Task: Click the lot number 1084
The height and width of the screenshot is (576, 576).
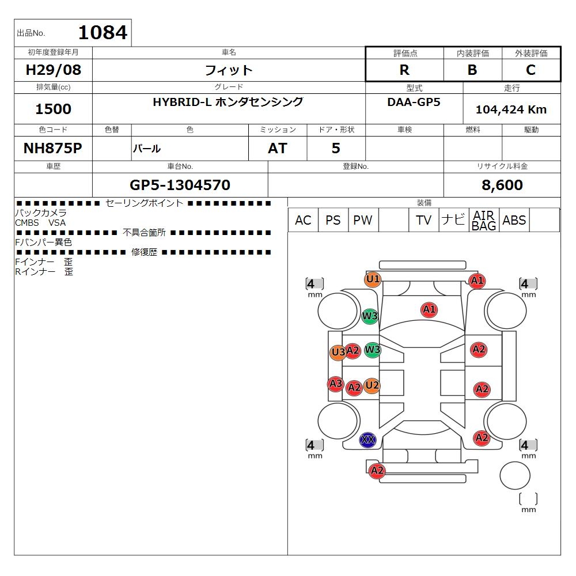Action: pyautogui.click(x=103, y=32)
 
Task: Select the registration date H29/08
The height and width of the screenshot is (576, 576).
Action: pyautogui.click(x=53, y=70)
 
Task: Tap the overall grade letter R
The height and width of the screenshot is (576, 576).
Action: pyautogui.click(x=404, y=70)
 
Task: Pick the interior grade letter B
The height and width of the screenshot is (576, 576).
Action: pyautogui.click(x=472, y=70)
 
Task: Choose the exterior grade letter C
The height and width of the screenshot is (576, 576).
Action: pyautogui.click(x=531, y=70)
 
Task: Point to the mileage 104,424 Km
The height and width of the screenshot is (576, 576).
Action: pyautogui.click(x=511, y=109)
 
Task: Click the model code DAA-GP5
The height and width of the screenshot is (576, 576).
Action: pyautogui.click(x=414, y=102)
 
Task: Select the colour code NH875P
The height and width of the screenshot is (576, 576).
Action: pyautogui.click(x=53, y=148)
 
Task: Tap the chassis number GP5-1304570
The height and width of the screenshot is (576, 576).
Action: pyautogui.click(x=180, y=185)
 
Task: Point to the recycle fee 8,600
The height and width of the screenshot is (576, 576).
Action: pyautogui.click(x=502, y=185)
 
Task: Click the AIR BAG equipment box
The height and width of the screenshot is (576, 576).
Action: pyautogui.click(x=484, y=220)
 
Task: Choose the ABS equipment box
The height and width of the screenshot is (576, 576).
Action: pyautogui.click(x=514, y=220)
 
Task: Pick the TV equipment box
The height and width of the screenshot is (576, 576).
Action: pyautogui.click(x=423, y=220)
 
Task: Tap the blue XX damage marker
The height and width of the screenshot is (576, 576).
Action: pyautogui.click(x=367, y=439)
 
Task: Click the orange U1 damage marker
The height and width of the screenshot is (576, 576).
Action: pyautogui.click(x=373, y=279)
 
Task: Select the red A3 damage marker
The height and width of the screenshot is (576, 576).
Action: pyautogui.click(x=336, y=384)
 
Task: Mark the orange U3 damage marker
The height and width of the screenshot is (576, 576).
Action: pyautogui.click(x=338, y=353)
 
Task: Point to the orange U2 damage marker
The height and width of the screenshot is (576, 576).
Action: pyautogui.click(x=372, y=385)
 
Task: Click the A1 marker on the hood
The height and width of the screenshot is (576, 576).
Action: pyautogui.click(x=429, y=310)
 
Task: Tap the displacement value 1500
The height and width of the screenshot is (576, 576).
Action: pyautogui.click(x=53, y=109)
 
